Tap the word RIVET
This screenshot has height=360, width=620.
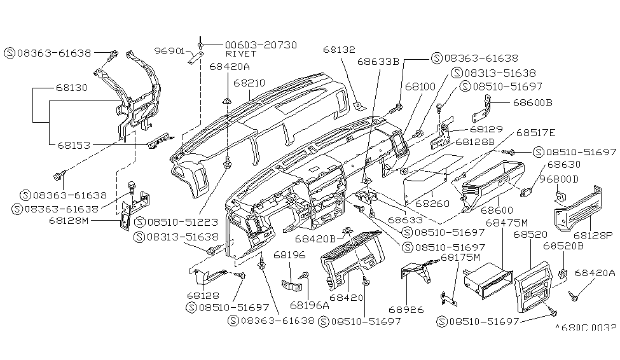(239, 55)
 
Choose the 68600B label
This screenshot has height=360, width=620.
(532, 102)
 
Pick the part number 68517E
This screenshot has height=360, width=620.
(535, 133)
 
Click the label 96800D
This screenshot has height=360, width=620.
(559, 179)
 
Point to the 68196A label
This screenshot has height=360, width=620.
(310, 305)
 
